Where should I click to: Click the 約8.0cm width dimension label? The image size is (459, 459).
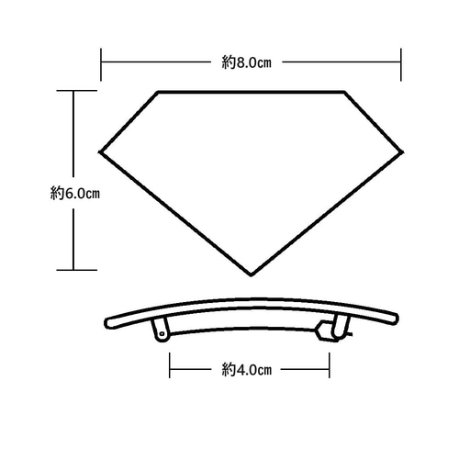247,62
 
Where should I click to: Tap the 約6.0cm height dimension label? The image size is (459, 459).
75,194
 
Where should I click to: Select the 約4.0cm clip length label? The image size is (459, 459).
247,370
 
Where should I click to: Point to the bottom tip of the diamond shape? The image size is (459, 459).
251,275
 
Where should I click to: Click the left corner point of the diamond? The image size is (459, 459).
100,151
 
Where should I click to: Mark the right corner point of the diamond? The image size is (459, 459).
402,151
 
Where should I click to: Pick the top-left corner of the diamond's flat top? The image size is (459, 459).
158,92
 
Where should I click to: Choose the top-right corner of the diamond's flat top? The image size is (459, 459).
344,92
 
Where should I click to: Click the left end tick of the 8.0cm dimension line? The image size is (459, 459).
101,64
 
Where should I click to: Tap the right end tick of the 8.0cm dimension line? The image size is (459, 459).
401,64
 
